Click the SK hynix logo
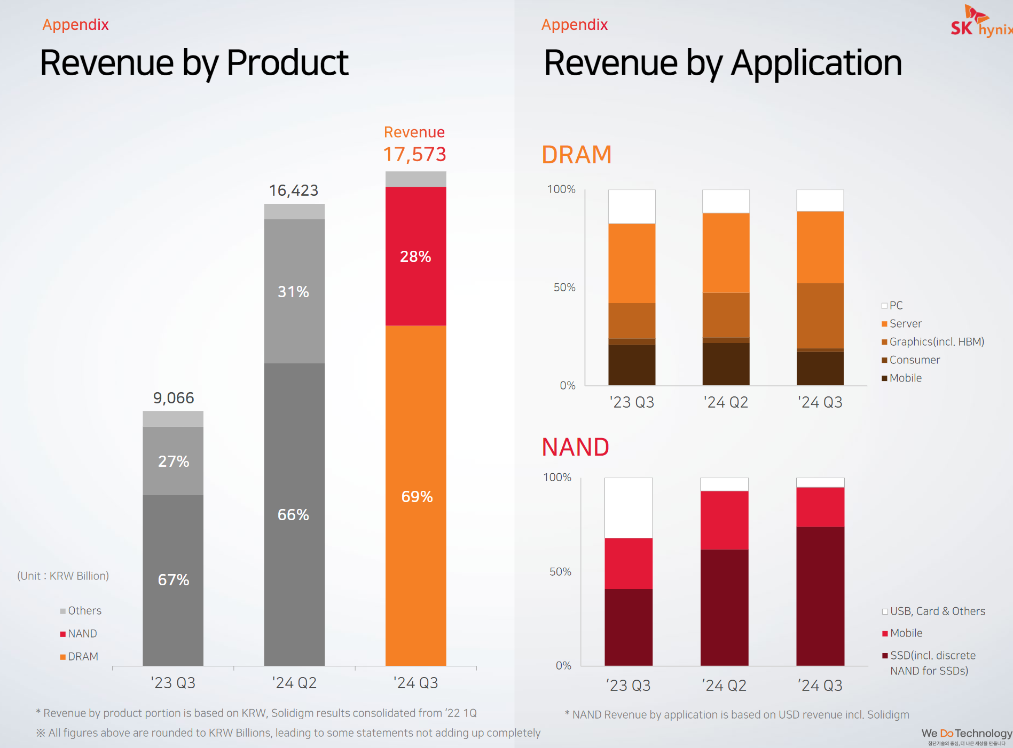pyautogui.click(x=980, y=22)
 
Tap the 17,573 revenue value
pyautogui.click(x=414, y=154)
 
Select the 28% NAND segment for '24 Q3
pyautogui.click(x=415, y=256)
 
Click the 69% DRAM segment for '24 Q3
pyautogui.click(x=416, y=496)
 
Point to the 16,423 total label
pyautogui.click(x=294, y=190)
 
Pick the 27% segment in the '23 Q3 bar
pyautogui.click(x=173, y=461)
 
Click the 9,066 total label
pyautogui.click(x=174, y=398)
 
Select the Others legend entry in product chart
pyautogui.click(x=81, y=611)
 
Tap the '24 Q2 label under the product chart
pyautogui.click(x=294, y=683)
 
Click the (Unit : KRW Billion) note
pyautogui.click(x=63, y=576)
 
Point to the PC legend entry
pyautogui.click(x=892, y=306)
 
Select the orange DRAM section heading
pyautogui.click(x=576, y=155)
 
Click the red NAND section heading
pyautogui.click(x=575, y=447)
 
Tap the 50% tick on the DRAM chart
pyautogui.click(x=564, y=288)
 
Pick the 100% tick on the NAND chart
pyautogui.click(x=557, y=478)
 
